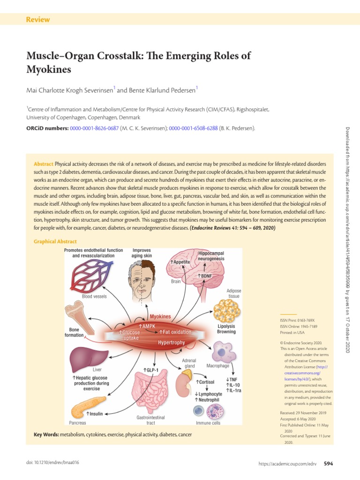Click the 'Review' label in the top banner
(38, 20)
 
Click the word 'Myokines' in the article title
(49, 70)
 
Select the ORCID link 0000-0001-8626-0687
(94, 128)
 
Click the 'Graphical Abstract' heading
(55, 241)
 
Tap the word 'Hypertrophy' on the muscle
(171, 343)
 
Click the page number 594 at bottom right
(328, 464)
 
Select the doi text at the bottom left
(52, 463)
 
